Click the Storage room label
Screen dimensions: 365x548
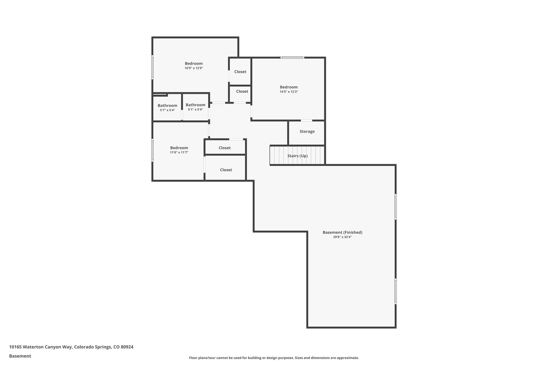(307, 131)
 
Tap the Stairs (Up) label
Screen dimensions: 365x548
(297, 156)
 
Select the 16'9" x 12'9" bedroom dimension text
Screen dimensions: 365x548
(194, 68)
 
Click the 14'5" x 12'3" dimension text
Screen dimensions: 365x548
(289, 92)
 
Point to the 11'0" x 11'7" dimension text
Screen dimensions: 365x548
(179, 152)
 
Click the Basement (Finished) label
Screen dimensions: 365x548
(342, 232)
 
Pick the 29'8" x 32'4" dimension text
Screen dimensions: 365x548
(342, 237)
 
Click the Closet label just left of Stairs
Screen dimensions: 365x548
(226, 170)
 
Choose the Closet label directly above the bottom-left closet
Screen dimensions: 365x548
(224, 148)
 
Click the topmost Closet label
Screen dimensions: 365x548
(240, 72)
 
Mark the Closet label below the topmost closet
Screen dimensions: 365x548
(242, 91)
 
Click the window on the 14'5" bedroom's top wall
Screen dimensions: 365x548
(292, 57)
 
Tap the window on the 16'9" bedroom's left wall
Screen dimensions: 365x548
(153, 67)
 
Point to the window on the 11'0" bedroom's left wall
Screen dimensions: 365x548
(153, 150)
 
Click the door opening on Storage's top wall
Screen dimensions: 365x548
(306, 121)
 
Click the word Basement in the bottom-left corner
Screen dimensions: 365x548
(20, 356)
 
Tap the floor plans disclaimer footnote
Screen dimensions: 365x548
(274, 358)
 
